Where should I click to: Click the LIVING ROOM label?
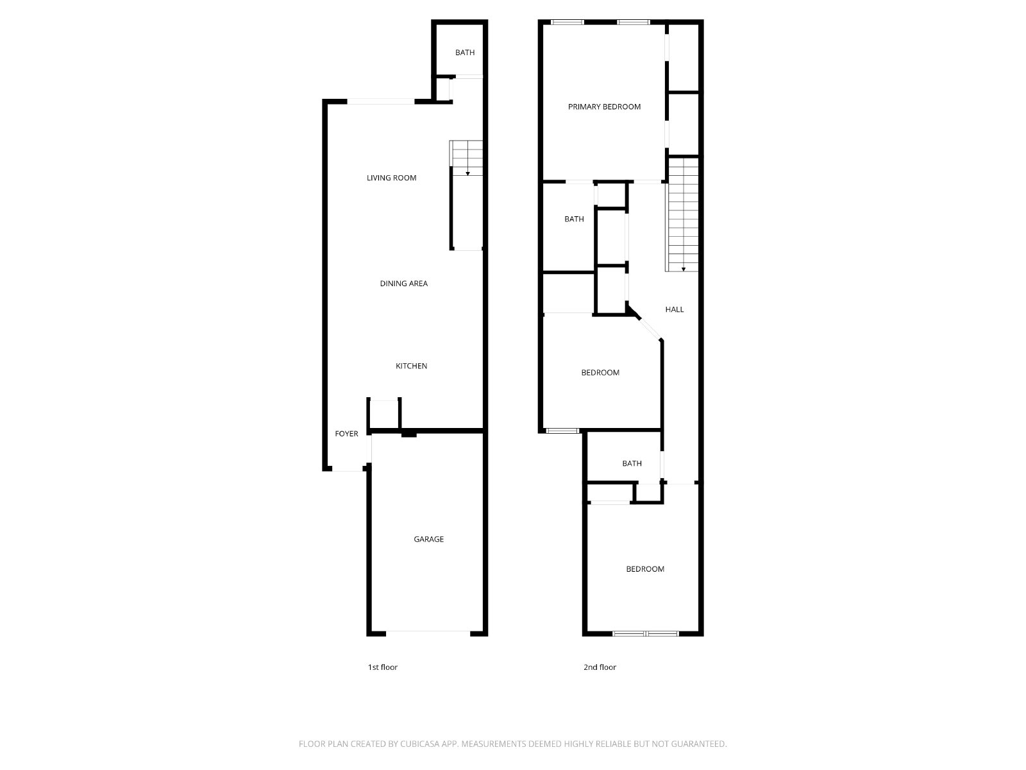coord(391,178)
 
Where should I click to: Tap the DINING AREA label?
coord(403,284)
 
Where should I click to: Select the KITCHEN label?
coord(411,366)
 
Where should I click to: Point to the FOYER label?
coord(346,434)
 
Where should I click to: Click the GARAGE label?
coord(428,539)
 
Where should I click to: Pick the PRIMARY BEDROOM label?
coord(604,107)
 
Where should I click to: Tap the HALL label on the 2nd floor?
coord(674,309)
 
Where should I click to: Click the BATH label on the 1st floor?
coord(465,53)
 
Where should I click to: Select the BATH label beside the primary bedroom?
coord(574,219)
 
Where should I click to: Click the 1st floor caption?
coord(382,667)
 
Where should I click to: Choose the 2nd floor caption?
coord(600,667)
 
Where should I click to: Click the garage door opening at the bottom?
coord(428,633)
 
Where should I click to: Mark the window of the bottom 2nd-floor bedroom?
coord(645,634)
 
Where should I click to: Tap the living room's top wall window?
coord(380,101)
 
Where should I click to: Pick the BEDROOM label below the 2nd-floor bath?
coord(645,569)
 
